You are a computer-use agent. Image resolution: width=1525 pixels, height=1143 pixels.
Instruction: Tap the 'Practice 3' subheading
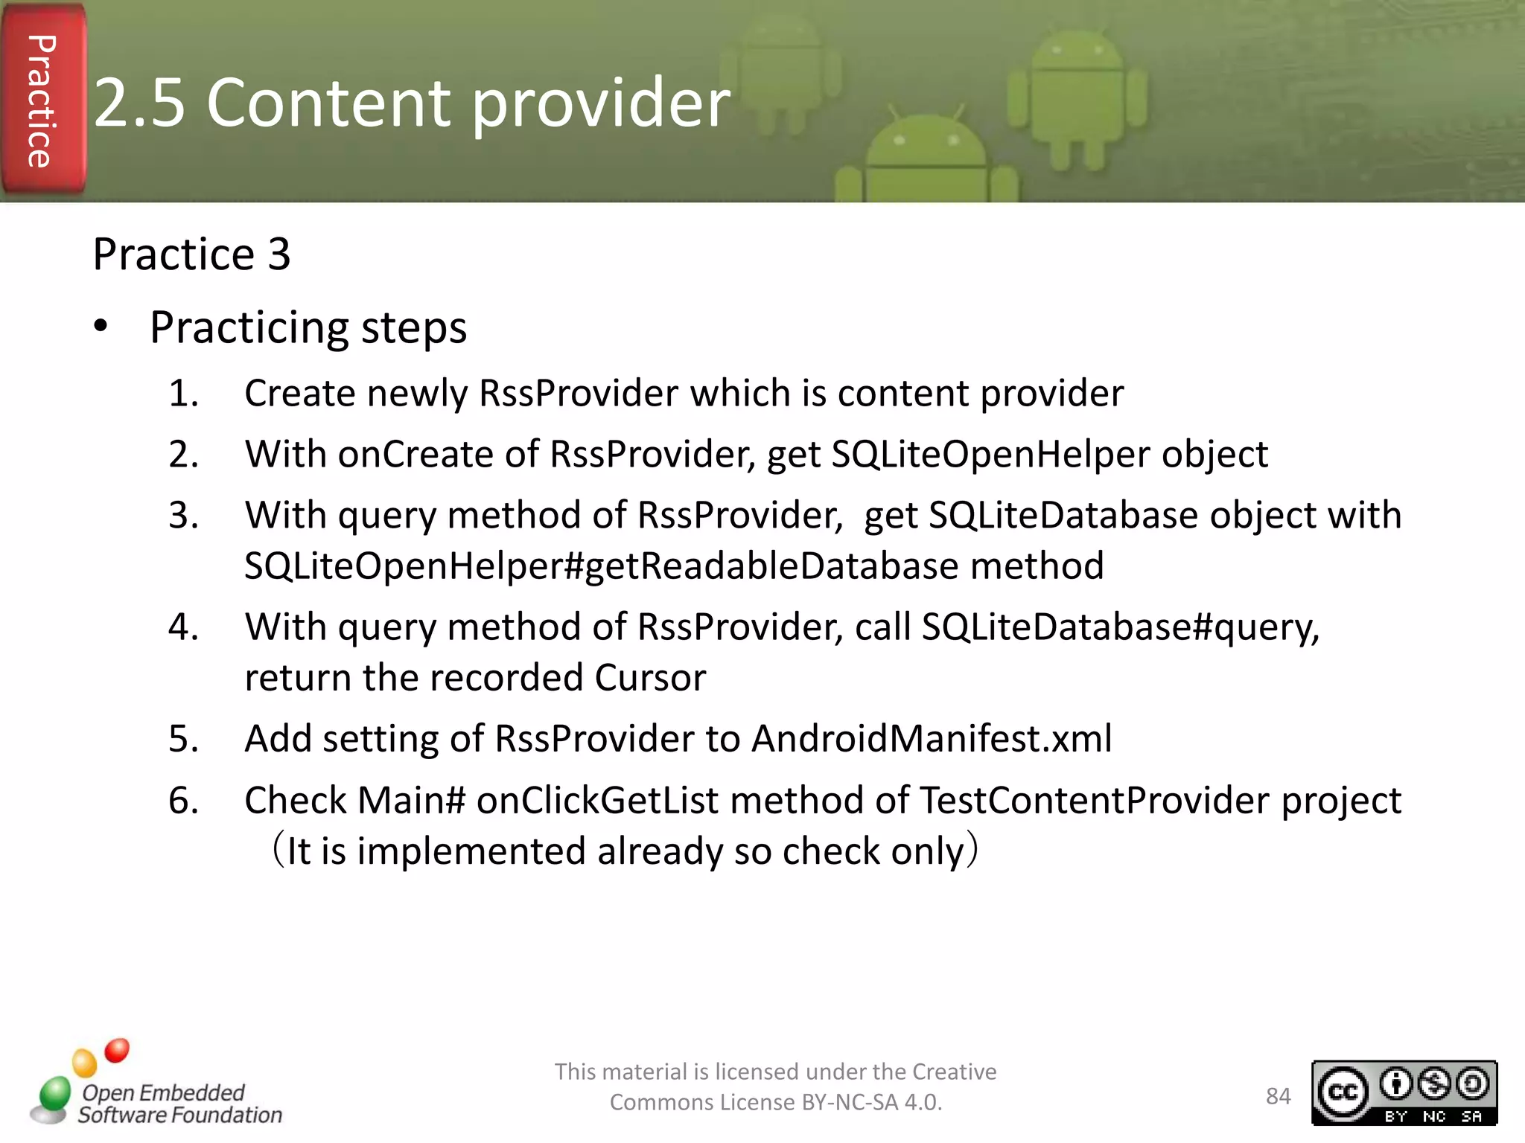click(x=191, y=254)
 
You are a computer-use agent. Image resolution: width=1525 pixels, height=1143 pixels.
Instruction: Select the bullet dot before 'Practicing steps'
click(x=101, y=326)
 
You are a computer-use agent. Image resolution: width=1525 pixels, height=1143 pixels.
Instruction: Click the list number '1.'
click(x=183, y=393)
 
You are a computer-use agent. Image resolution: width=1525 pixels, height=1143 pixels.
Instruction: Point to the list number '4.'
click(x=183, y=627)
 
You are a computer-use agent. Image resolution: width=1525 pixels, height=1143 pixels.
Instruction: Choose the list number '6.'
click(x=183, y=801)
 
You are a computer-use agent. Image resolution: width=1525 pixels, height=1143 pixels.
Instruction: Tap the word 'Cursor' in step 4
click(x=650, y=678)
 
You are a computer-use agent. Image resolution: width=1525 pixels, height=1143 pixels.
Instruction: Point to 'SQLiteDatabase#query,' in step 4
click(x=1120, y=627)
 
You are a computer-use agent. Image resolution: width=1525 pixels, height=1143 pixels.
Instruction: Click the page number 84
click(x=1278, y=1096)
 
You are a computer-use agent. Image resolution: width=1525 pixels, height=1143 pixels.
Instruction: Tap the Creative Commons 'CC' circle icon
click(x=1343, y=1092)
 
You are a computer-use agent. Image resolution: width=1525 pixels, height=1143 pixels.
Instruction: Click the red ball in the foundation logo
click(x=117, y=1050)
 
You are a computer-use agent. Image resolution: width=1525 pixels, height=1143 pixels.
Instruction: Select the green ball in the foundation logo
click(x=55, y=1092)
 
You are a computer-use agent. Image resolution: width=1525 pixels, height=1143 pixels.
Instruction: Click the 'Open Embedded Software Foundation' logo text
click(x=179, y=1104)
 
